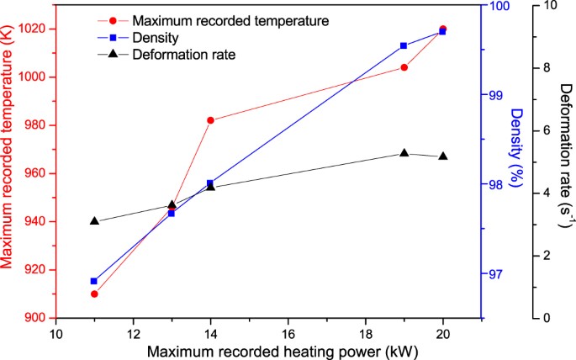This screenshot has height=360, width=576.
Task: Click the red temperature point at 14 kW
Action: click(x=210, y=120)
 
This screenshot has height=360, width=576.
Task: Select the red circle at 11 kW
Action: click(x=94, y=294)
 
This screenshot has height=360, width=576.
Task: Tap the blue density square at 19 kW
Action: click(x=404, y=45)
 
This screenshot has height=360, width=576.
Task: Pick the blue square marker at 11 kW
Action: click(x=94, y=281)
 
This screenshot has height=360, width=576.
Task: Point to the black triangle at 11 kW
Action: click(x=94, y=221)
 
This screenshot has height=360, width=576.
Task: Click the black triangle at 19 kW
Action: click(x=404, y=153)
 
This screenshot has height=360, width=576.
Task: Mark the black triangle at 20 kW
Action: click(x=443, y=156)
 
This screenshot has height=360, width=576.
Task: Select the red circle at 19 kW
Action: click(x=404, y=67)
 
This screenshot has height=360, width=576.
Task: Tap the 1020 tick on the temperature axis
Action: click(x=32, y=29)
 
